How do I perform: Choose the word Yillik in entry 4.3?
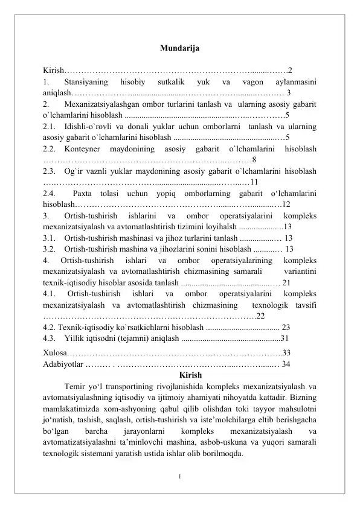click(x=74, y=337)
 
